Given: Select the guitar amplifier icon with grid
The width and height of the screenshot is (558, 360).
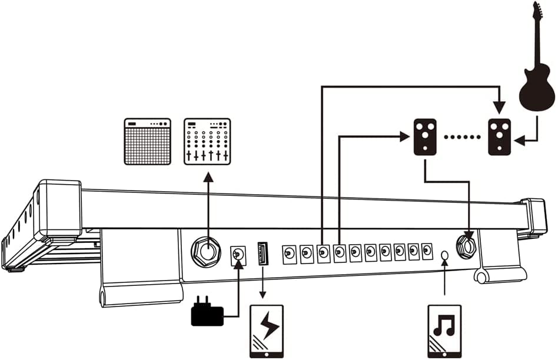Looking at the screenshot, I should [x=147, y=141].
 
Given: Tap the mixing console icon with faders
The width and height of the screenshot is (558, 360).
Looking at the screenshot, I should [x=207, y=141].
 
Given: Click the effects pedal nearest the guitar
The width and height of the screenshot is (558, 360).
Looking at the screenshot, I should [x=499, y=137].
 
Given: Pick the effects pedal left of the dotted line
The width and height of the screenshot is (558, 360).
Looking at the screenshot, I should [x=425, y=137].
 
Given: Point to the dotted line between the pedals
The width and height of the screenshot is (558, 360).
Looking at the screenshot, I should [x=462, y=137].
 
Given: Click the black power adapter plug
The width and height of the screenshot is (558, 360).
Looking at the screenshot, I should [x=207, y=315].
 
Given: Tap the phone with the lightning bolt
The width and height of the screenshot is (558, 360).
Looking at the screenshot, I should [x=267, y=331].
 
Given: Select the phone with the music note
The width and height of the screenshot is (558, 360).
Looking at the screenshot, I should [x=444, y=331].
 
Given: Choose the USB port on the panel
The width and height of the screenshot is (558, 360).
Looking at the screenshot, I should [x=263, y=253].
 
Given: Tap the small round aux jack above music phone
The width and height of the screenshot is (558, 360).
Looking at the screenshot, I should [x=444, y=255].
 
